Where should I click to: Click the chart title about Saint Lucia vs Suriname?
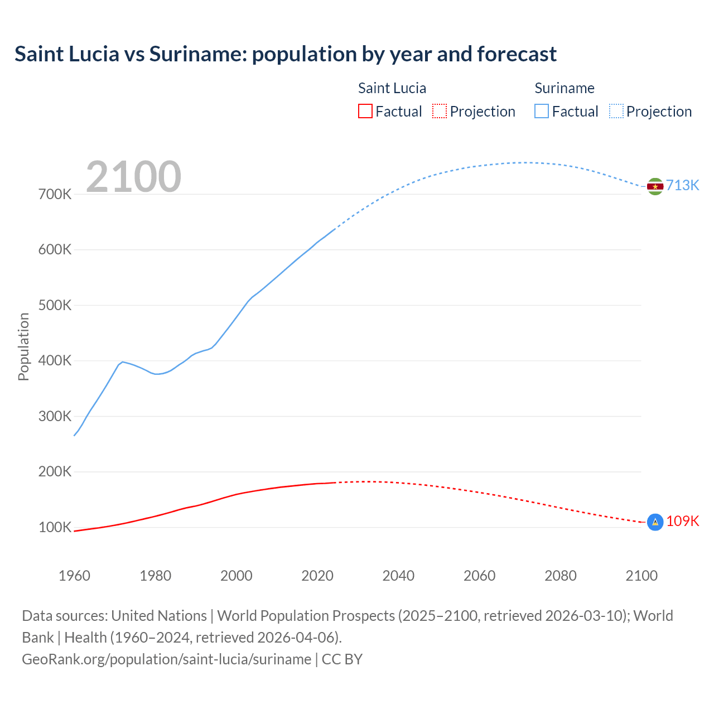[285, 54]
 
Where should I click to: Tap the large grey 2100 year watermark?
[134, 177]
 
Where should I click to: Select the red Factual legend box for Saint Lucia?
[365, 111]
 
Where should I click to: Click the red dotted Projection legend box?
[440, 111]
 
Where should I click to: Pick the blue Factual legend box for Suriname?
[541, 111]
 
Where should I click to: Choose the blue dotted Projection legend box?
[616, 111]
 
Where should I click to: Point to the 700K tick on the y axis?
[55, 195]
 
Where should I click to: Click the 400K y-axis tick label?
[55, 361]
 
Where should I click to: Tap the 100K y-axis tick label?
[55, 527]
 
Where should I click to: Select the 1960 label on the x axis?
[74, 576]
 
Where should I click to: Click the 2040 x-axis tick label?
[398, 576]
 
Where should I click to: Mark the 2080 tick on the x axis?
[560, 576]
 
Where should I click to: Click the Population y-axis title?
[23, 346]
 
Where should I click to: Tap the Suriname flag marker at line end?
[655, 186]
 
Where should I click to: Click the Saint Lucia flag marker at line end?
[655, 522]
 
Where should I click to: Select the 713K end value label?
[682, 185]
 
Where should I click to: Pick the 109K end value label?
[682, 521]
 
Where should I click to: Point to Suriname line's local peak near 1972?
[122, 361]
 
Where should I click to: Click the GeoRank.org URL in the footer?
[166, 659]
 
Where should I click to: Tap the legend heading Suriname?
[564, 88]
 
